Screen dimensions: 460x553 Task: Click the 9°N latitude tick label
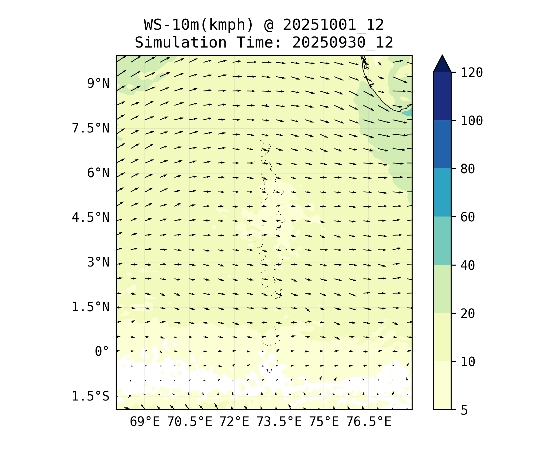tap(98, 83)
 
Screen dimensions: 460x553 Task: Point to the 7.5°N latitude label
tap(91, 128)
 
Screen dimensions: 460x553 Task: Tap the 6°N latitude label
tap(98, 173)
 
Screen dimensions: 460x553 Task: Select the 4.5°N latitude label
tap(91, 218)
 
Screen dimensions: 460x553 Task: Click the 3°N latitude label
tap(98, 263)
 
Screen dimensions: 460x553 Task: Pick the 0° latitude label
tap(102, 352)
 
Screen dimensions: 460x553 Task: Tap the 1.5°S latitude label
tap(91, 396)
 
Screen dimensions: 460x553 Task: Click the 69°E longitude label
tap(145, 422)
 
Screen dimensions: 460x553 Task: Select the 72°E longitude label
tap(234, 422)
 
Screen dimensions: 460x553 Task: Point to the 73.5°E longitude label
tap(279, 422)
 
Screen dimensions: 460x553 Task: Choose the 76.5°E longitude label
tap(369, 422)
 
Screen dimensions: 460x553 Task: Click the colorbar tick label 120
tap(472, 73)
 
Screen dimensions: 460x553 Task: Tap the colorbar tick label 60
tap(468, 217)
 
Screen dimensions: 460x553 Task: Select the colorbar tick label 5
tap(464, 410)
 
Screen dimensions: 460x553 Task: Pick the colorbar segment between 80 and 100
tap(442, 144)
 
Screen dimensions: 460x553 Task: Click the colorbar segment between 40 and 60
tap(442, 241)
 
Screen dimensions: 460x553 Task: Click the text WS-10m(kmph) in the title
tap(199, 25)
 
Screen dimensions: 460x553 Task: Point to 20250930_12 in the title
tap(343, 43)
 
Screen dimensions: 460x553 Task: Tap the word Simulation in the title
tap(181, 43)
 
